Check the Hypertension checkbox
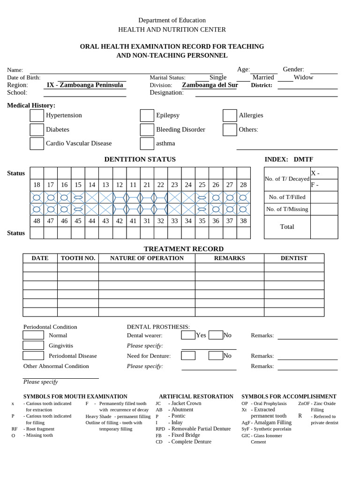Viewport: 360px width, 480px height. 37,115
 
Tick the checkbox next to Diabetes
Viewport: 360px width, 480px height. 37,129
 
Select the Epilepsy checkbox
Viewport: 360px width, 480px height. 147,115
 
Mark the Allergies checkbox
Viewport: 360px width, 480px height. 230,115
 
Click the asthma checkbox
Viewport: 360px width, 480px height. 147,143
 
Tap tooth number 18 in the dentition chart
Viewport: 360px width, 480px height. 37,185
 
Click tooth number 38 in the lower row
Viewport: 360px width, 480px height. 243,221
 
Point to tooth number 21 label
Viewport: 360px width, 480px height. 147,185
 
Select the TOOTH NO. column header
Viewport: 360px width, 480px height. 78,258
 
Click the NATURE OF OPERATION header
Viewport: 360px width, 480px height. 147,258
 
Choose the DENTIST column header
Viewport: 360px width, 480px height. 294,258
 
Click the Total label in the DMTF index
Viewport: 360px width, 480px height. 287,227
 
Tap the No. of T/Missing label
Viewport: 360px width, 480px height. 287,210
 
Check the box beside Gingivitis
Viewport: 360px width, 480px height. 33,345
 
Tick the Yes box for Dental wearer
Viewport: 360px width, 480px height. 188,335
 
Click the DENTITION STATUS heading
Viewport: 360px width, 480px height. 140,159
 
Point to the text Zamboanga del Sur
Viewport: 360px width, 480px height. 210,85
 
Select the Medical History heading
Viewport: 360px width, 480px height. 31,105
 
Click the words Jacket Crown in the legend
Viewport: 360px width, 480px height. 186,403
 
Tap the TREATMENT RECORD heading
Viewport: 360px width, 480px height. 183,249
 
